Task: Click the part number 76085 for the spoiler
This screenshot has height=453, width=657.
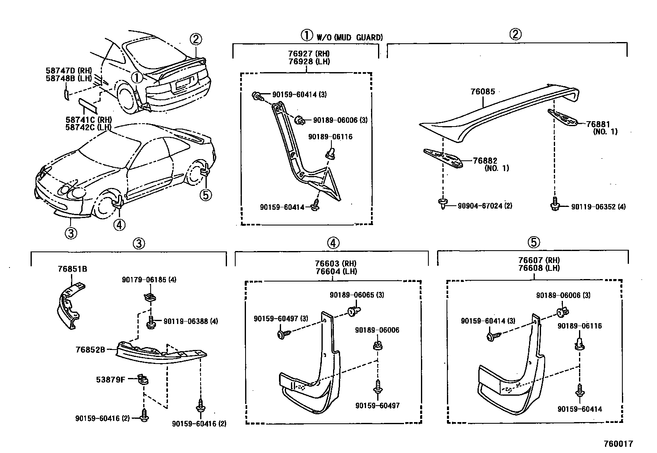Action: point(482,92)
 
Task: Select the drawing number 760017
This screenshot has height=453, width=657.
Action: point(618,444)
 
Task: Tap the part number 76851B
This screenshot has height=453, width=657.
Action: point(72,269)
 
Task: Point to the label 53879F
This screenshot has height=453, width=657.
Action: point(111,380)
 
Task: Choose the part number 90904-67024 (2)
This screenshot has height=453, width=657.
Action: point(485,206)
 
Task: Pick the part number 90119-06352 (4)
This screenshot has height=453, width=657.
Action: point(598,207)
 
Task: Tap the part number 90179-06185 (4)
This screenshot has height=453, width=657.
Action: point(149,280)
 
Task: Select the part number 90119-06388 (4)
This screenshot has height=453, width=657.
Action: point(191,321)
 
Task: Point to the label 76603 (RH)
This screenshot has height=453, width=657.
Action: point(336,263)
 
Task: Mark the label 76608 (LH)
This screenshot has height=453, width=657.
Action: point(539,268)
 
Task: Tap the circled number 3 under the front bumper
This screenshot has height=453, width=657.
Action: point(71,233)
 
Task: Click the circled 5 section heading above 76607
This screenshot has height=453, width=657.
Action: point(534,242)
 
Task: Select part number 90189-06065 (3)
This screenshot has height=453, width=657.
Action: point(357,295)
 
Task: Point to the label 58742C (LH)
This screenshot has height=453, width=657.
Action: point(88,127)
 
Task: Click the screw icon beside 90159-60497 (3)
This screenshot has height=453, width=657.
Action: point(282,333)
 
